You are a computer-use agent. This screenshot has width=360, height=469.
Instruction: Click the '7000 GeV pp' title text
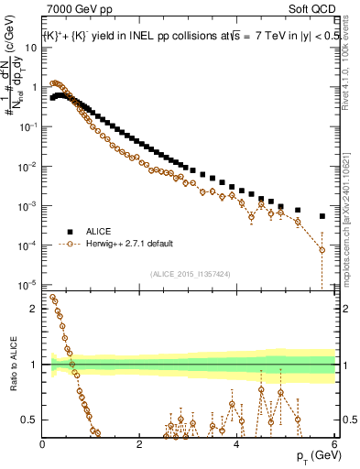pyautogui.click(x=74, y=10)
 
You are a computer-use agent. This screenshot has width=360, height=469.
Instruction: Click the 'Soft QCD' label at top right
pyautogui.click(x=313, y=10)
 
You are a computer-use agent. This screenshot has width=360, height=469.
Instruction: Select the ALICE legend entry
pyautogui.click(x=100, y=231)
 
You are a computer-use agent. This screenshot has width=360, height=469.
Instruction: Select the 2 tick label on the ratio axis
pyautogui.click(x=34, y=309)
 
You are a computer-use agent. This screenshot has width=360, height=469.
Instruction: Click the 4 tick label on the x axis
pyautogui.click(x=237, y=443)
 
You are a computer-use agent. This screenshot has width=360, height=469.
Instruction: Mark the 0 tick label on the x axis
pyautogui.click(x=42, y=443)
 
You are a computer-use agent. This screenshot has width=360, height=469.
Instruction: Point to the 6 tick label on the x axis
pyautogui.click(x=334, y=443)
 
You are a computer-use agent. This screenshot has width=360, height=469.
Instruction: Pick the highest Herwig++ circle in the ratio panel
pyautogui.click(x=52, y=297)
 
